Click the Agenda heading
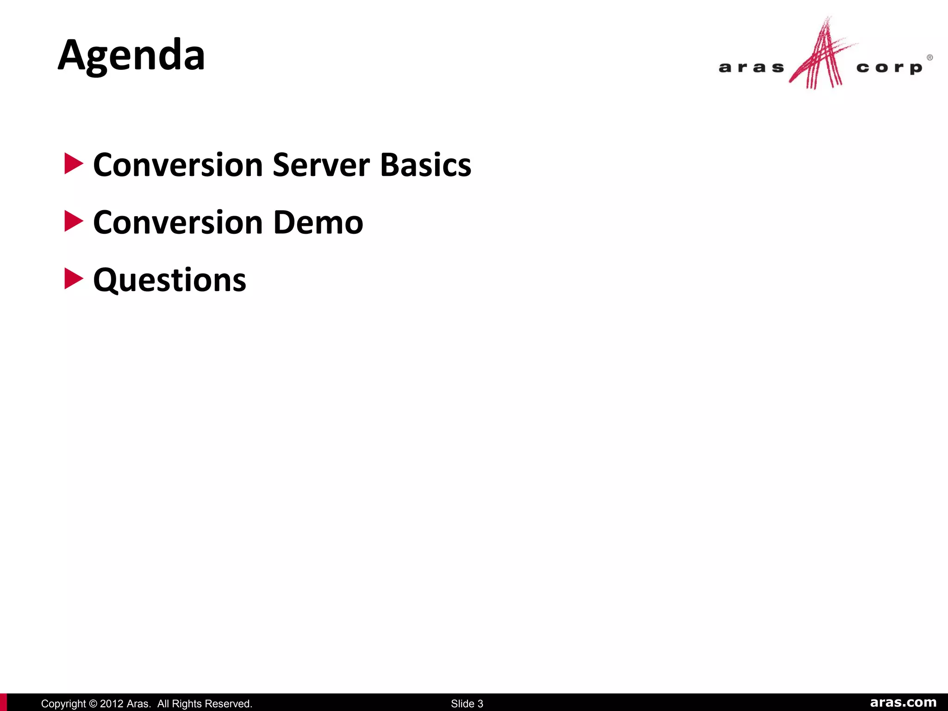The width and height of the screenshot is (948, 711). [131, 56]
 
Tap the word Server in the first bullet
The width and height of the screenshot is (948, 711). [321, 165]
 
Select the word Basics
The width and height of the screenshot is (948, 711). [425, 165]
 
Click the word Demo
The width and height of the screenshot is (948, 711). [318, 223]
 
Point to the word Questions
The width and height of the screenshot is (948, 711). [169, 281]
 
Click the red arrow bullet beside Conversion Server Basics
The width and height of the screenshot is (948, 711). [74, 164]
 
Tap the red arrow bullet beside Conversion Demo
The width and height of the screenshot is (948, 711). [74, 221]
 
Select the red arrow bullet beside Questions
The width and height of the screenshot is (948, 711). [74, 279]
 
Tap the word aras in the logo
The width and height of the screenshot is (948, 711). [751, 68]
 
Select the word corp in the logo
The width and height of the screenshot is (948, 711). [889, 69]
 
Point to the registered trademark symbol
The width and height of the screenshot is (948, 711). [929, 57]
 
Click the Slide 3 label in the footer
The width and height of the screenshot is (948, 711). [467, 704]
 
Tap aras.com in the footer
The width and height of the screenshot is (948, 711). [903, 703]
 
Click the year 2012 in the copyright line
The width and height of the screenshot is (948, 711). [112, 704]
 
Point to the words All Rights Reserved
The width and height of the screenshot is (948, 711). [205, 704]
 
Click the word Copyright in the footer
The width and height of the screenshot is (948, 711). [63, 704]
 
